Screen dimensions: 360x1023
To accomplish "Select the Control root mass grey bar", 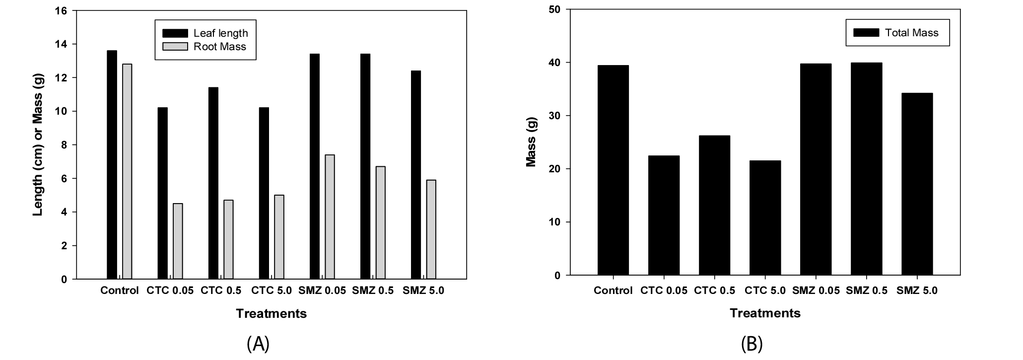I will click(x=127, y=171).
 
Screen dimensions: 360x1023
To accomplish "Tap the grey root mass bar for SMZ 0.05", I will click(x=330, y=217).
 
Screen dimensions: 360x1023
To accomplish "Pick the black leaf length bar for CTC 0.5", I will click(x=213, y=183).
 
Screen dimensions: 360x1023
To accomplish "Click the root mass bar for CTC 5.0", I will click(x=279, y=237).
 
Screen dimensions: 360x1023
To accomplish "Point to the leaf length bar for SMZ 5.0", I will click(x=416, y=175).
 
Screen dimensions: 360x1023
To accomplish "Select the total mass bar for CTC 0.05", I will click(x=664, y=216).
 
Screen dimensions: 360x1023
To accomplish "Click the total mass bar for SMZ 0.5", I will click(x=866, y=169).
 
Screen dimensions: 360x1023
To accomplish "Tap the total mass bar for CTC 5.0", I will click(x=765, y=217).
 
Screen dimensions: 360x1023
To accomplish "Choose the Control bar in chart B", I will click(x=613, y=170).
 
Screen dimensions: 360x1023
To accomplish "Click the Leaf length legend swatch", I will click(x=175, y=33).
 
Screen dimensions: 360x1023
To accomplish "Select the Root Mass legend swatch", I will click(x=175, y=47).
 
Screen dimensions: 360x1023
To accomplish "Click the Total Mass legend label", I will click(x=912, y=33).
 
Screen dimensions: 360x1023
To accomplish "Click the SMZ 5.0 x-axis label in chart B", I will click(x=917, y=290).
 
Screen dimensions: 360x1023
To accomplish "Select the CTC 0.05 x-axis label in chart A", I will click(x=170, y=290).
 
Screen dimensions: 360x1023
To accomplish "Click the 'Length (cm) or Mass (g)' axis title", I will click(x=38, y=144).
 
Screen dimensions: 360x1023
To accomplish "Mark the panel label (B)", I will click(x=751, y=344).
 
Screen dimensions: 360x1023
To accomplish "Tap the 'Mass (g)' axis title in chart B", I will click(x=532, y=144).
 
